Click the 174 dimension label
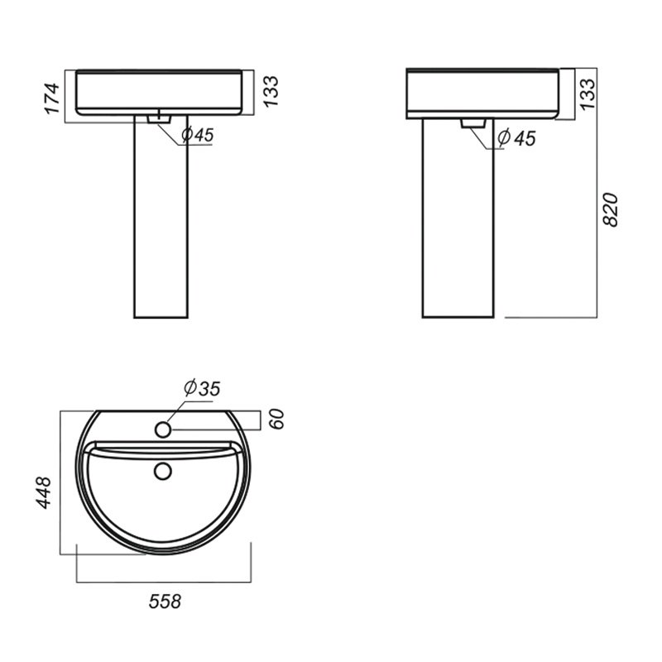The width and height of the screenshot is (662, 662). (52, 98)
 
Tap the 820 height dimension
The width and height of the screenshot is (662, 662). (610, 210)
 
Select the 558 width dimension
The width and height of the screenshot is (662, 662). (165, 602)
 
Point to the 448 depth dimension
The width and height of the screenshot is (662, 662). (44, 492)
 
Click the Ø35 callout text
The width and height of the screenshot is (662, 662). (202, 388)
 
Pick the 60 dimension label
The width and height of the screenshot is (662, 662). (277, 420)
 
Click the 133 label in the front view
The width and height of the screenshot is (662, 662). (271, 92)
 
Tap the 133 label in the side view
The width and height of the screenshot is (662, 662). (588, 94)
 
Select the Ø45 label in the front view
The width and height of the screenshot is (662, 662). (198, 135)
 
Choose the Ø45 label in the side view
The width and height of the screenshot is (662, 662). (516, 138)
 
